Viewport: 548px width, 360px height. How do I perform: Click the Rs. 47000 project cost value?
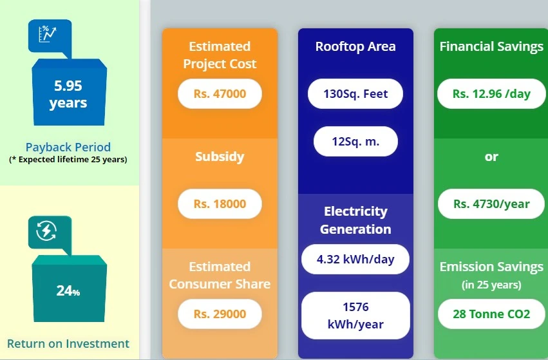point(220,94)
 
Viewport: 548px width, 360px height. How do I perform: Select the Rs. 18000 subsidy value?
point(220,204)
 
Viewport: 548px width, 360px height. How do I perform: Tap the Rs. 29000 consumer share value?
point(220,314)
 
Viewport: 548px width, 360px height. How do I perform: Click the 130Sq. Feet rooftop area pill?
point(355,94)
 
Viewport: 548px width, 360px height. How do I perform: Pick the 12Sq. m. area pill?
point(355,142)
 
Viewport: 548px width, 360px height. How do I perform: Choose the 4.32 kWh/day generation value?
point(355,260)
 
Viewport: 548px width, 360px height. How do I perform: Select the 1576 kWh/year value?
point(355,316)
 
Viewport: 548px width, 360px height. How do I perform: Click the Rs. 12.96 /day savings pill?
point(491,94)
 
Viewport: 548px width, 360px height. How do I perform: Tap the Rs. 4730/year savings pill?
point(491,204)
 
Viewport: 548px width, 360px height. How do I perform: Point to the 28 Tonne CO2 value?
point(491,314)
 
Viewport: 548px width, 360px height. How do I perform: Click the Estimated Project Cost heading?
point(220,55)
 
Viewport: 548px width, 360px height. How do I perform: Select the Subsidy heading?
point(220,156)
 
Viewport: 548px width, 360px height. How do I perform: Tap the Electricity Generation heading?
point(355,220)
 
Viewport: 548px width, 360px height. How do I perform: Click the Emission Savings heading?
point(491,267)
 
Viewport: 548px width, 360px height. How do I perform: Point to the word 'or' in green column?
point(491,156)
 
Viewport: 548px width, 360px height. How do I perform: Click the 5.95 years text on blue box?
point(68,95)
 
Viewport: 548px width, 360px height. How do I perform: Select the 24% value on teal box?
point(68,291)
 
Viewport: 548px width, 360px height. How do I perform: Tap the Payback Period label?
point(68,147)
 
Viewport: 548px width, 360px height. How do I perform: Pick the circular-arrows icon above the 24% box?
point(46,231)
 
